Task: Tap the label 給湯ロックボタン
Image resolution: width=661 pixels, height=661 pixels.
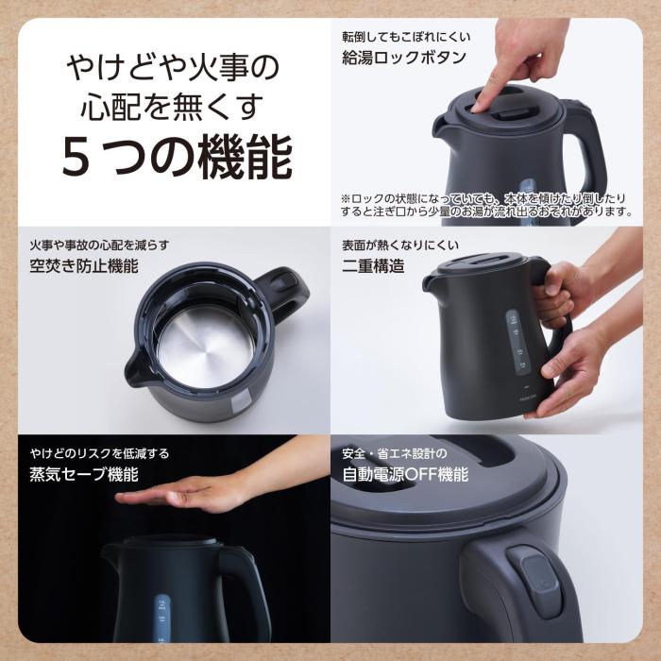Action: [403, 58]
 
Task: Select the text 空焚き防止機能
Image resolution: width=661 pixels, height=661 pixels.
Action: [83, 266]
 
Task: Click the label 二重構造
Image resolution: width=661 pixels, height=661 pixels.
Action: [373, 266]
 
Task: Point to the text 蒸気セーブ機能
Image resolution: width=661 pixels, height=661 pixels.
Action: [83, 474]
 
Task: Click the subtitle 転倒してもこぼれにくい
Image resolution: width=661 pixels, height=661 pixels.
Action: [406, 37]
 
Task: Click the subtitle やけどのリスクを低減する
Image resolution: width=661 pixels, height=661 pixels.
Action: [99, 453]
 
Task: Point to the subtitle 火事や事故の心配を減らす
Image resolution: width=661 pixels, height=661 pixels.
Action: [99, 246]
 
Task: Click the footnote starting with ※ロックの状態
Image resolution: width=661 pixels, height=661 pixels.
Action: [485, 205]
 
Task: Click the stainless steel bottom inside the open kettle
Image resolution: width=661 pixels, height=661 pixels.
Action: [204, 345]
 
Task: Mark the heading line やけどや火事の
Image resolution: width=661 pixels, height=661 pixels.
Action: [175, 68]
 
